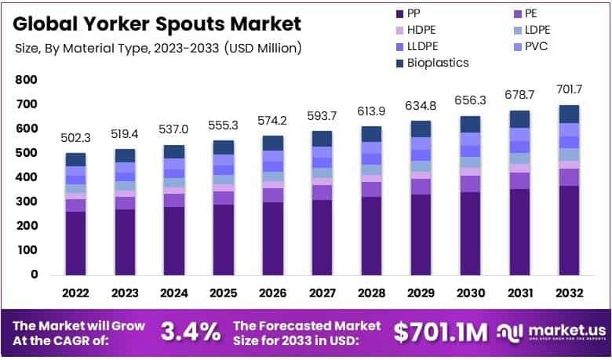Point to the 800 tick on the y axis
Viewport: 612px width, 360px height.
(26, 80)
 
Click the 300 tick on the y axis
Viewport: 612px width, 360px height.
(26, 202)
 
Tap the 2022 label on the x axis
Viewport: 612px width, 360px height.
(75, 293)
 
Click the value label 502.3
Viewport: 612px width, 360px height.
(75, 138)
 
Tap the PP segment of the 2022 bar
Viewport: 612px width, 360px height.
(75, 242)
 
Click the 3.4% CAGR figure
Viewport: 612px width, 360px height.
(191, 332)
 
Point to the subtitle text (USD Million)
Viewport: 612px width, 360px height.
(260, 48)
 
